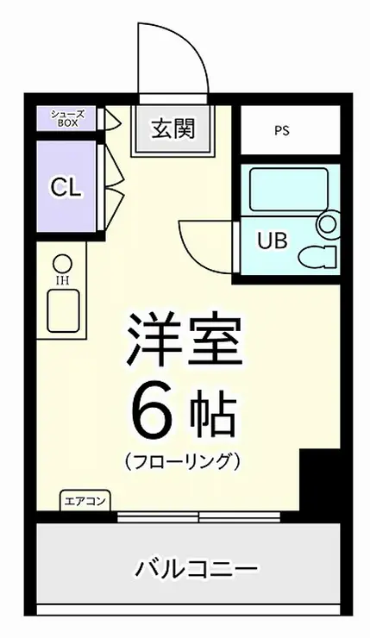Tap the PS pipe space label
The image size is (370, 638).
point(281,131)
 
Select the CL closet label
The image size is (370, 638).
point(66,187)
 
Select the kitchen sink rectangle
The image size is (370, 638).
point(63,312)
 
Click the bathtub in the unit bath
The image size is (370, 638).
point(288,187)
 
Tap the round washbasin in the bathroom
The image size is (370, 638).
point(328,225)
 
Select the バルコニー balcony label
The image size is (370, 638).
point(197,570)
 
